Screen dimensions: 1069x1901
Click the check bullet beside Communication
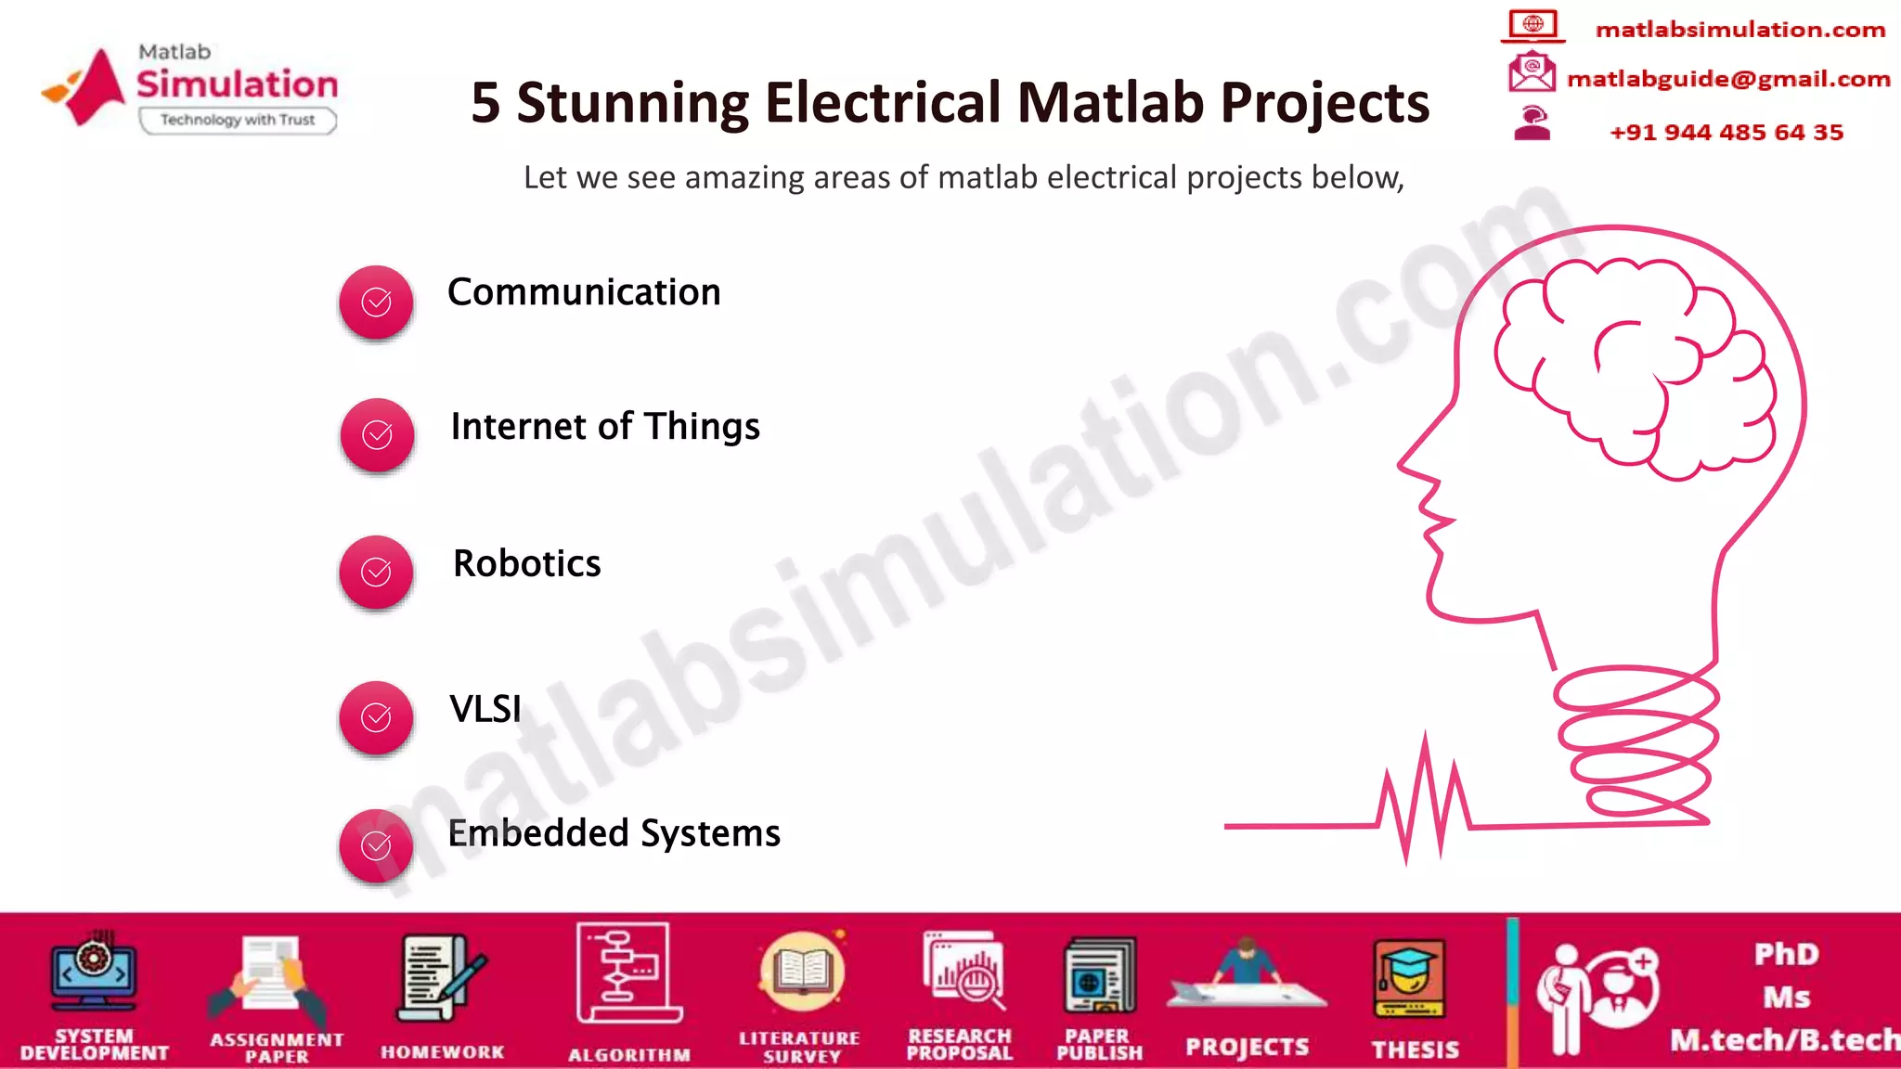click(x=376, y=303)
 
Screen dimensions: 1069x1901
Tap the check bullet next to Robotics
click(x=376, y=572)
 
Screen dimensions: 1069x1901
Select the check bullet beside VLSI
click(x=376, y=717)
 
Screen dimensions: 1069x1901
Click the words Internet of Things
click(x=604, y=427)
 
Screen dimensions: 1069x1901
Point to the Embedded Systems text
click(x=614, y=833)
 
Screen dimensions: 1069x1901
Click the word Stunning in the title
click(x=632, y=102)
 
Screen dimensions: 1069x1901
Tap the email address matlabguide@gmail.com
click(x=1728, y=79)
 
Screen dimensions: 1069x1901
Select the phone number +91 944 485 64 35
click(x=1726, y=132)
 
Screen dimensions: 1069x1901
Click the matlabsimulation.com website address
click(x=1740, y=30)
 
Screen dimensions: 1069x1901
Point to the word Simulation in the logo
click(x=238, y=84)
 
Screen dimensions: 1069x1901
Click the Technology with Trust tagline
click(x=238, y=120)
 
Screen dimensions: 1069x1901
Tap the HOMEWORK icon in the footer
click(x=442, y=979)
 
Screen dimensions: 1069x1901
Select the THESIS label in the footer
click(x=1416, y=1049)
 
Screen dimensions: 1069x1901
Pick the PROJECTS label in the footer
click(x=1247, y=1047)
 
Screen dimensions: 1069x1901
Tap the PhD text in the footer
click(x=1787, y=954)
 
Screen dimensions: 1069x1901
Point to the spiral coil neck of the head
click(x=1638, y=742)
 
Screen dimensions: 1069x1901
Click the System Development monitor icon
click(x=94, y=974)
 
